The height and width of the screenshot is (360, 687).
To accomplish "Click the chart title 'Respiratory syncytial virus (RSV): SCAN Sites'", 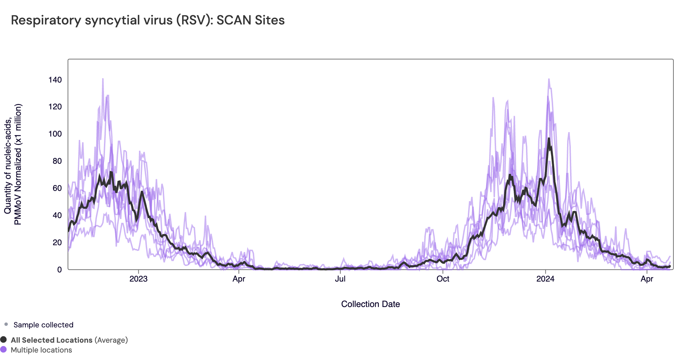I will coord(148,20).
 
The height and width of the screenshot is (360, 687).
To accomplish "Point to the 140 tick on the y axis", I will coord(55,80).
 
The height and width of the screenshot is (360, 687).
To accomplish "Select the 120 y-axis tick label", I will coord(55,107).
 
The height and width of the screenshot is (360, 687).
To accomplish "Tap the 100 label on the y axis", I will coord(55,134).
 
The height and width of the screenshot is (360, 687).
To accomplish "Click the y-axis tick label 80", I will coord(57,161).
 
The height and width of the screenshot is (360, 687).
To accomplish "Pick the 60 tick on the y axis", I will coord(57,188).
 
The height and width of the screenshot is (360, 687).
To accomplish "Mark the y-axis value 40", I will coord(57,215).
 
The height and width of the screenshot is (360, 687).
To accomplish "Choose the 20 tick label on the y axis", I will coord(57,242).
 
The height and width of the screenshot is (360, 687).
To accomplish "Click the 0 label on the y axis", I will coord(59,270).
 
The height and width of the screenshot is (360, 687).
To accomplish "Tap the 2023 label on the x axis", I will coord(138,279).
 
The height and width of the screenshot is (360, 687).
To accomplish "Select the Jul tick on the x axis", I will coord(340,279).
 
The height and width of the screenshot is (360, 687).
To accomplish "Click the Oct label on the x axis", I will coord(443,279).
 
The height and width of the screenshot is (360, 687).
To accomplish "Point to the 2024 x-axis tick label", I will coord(545,279).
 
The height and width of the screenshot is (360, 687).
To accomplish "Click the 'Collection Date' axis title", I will coord(370,304).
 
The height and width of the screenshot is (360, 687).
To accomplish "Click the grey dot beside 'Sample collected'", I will coord(6,324).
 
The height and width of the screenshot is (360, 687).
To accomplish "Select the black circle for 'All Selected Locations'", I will coord(4,340).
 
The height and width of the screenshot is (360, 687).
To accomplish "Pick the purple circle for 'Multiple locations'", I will coord(4,349).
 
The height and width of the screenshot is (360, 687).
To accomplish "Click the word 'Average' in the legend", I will coord(111,340).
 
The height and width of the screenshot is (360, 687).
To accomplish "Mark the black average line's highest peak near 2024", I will coord(549,139).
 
